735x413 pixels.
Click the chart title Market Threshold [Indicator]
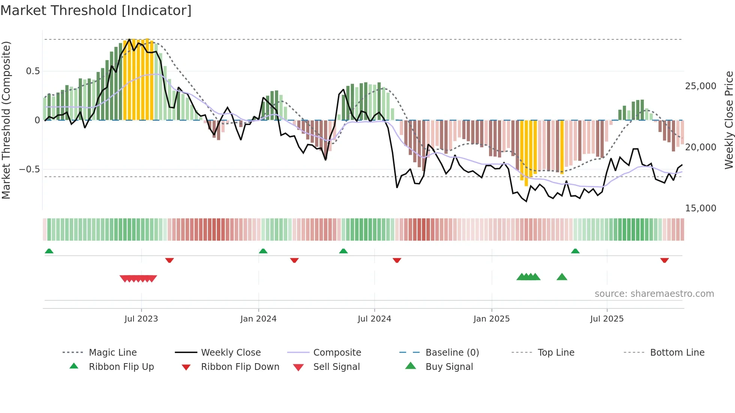[x=96, y=10]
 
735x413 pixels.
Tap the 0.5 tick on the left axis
[x=33, y=71]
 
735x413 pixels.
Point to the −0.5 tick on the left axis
[x=29, y=169]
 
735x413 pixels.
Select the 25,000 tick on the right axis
[x=700, y=86]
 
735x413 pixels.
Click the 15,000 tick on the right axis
[x=700, y=208]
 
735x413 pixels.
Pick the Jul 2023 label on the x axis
[x=141, y=319]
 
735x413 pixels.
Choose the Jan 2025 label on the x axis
[x=491, y=319]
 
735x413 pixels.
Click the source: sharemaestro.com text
[x=654, y=294]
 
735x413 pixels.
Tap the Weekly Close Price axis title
[x=729, y=120]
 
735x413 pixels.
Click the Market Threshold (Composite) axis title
[x=6, y=120]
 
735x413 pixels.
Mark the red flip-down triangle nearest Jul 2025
[x=664, y=260]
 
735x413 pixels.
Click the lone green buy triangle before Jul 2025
[x=562, y=277]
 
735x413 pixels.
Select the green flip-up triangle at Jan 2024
[x=263, y=251]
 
